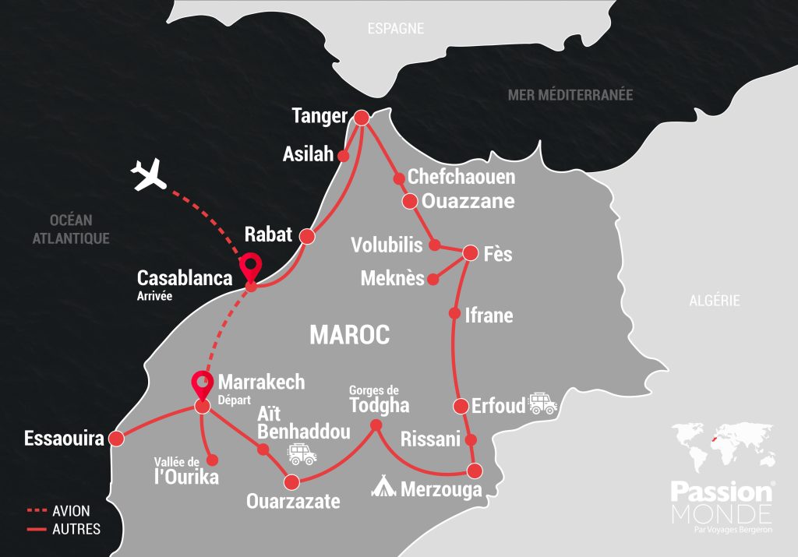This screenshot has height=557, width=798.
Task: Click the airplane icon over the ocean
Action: [x=150, y=175]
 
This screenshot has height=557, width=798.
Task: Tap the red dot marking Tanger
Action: [x=361, y=118]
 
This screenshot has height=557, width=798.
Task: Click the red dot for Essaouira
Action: [x=117, y=439]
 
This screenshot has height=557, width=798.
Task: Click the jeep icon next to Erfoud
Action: [x=542, y=404]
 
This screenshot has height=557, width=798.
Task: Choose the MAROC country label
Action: [x=349, y=335]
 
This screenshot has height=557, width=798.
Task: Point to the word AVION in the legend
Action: [x=72, y=511]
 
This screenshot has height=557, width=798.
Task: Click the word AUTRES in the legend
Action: [x=76, y=529]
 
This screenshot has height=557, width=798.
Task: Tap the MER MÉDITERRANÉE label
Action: [x=570, y=95]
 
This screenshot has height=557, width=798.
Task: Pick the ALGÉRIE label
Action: [x=714, y=301]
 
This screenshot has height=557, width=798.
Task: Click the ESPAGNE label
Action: [x=396, y=28]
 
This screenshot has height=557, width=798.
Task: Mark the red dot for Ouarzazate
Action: [x=291, y=481]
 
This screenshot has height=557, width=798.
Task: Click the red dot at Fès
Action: [x=471, y=253]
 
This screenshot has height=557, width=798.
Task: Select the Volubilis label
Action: [x=387, y=245]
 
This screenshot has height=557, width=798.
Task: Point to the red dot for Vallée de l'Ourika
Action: [x=210, y=460]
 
